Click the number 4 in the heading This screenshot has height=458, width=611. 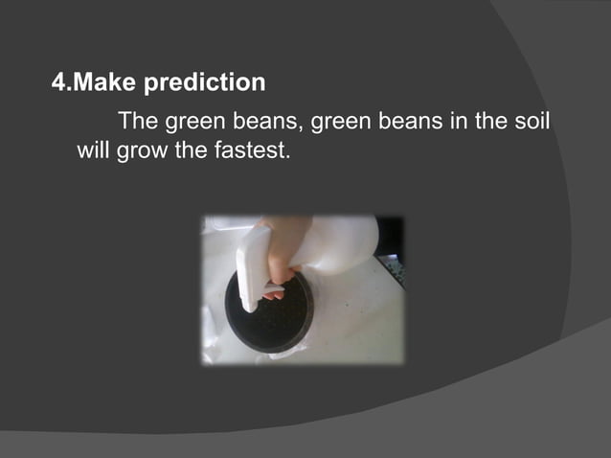(58, 83)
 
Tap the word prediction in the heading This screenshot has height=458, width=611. (204, 83)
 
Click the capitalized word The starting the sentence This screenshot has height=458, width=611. (137, 122)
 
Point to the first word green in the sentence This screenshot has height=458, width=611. (192, 122)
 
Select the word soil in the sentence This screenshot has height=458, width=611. (531, 122)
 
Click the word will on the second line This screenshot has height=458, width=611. (93, 150)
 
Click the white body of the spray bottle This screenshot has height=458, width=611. (340, 245)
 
